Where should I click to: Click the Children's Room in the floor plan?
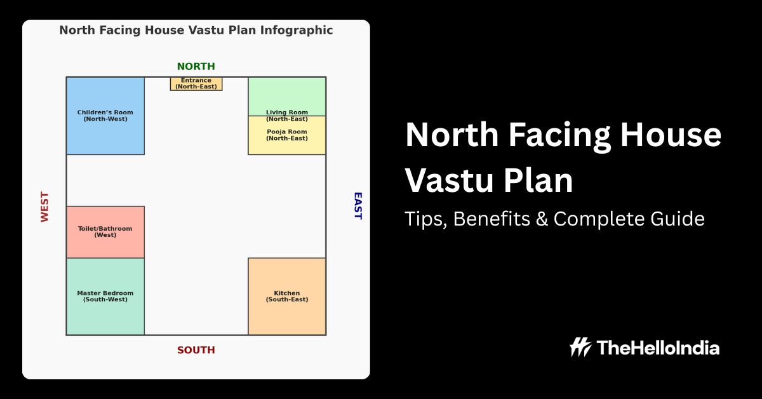(105, 116)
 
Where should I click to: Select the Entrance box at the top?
(196, 84)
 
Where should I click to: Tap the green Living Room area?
(287, 97)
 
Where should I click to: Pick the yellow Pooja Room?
(287, 135)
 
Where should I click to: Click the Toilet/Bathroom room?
(105, 232)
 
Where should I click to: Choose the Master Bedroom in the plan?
(105, 297)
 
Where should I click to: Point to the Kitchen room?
(287, 297)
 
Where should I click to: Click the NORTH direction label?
(196, 67)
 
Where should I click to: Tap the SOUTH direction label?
(196, 350)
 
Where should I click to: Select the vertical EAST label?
(358, 206)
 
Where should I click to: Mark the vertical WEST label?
(44, 206)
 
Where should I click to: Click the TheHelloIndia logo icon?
(580, 348)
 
